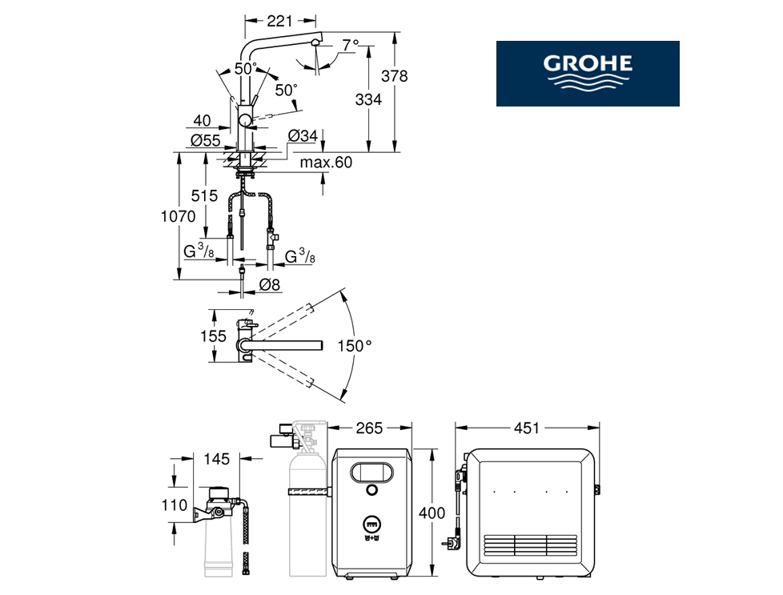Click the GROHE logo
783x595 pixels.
coord(588,73)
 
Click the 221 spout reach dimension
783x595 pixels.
coord(279,21)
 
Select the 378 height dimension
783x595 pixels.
coord(394,76)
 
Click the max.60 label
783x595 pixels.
coord(326,163)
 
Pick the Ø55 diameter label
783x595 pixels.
coord(206,140)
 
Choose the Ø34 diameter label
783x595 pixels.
coord(303,136)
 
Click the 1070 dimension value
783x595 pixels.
coord(178,215)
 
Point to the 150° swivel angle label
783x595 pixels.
coord(355,346)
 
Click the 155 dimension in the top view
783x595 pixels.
coord(213,336)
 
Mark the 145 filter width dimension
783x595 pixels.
coord(217,459)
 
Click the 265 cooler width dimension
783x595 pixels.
coord(369,428)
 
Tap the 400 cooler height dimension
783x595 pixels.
coord(432,513)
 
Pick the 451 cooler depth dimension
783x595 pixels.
coord(525,428)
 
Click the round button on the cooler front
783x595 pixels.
coord(371,489)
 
